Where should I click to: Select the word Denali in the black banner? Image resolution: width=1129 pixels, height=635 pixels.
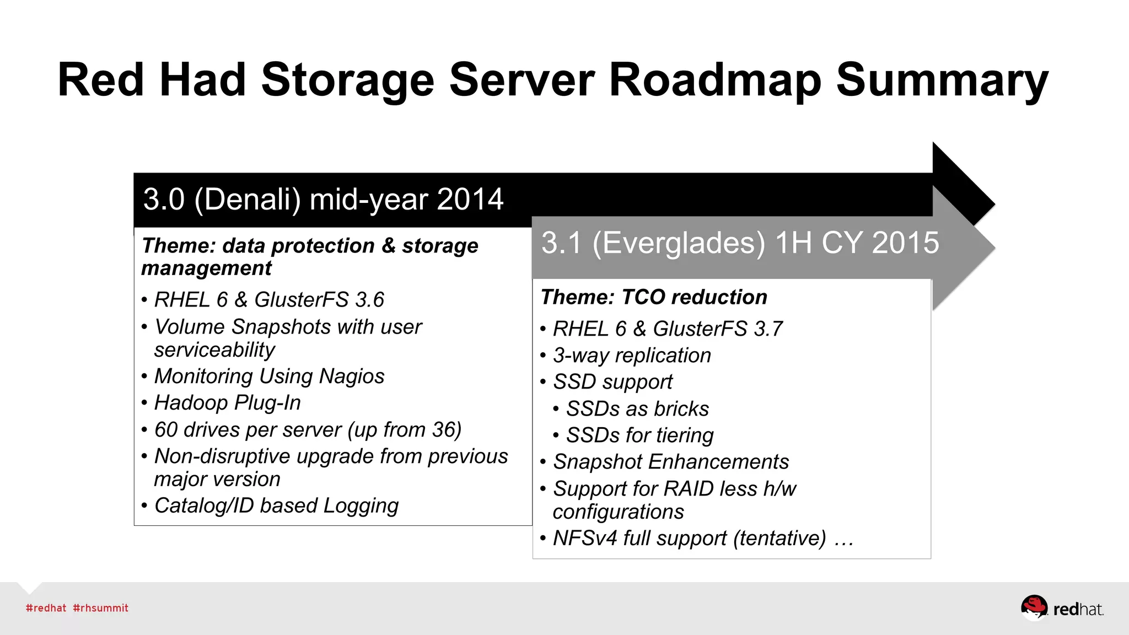point(248,199)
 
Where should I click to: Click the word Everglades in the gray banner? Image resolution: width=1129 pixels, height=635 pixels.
point(679,243)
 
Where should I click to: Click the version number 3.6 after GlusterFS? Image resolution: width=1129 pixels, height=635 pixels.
point(369,300)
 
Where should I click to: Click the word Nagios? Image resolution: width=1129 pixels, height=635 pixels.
point(352,376)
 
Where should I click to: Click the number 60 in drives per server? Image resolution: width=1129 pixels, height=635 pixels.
point(166,430)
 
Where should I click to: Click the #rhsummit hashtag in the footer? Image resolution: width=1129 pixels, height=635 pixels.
point(100,608)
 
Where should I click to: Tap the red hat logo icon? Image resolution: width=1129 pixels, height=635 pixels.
point(1034,607)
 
